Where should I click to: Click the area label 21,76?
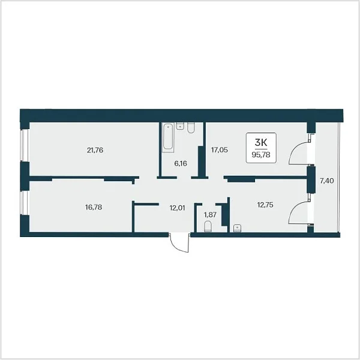click(95, 151)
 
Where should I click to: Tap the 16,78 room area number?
click(94, 208)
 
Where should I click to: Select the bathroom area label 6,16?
click(181, 164)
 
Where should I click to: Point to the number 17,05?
click(220, 150)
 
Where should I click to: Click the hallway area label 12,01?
click(177, 208)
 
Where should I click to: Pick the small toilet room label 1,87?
click(211, 215)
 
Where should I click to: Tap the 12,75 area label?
click(265, 205)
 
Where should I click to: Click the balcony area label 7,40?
click(327, 181)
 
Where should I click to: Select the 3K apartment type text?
click(261, 143)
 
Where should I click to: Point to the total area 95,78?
click(261, 155)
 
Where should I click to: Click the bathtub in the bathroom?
click(168, 137)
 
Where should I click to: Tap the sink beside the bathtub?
click(180, 126)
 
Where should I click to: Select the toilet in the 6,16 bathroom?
click(191, 128)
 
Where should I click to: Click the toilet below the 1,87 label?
click(208, 226)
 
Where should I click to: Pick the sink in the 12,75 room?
click(237, 229)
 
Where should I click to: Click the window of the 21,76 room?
click(24, 145)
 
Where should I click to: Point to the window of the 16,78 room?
click(24, 203)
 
